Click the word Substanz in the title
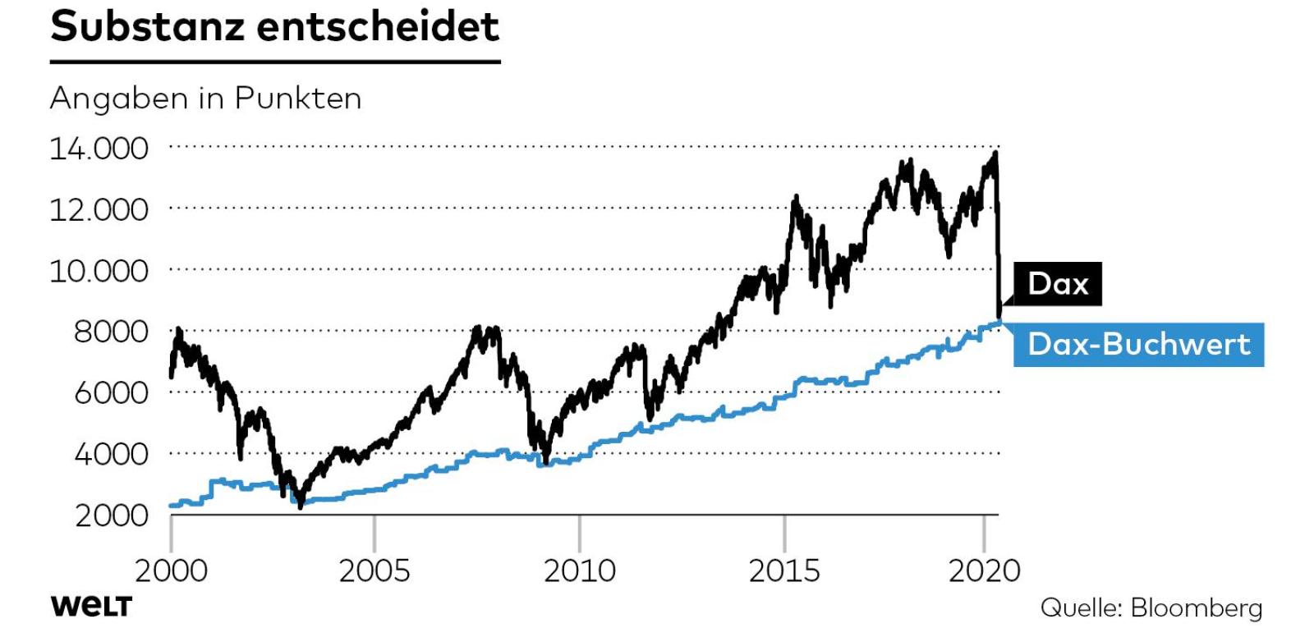[148, 26]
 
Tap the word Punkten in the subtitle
[297, 99]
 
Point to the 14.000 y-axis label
[99, 149]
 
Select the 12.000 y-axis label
[99, 209]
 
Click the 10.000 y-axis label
[99, 270]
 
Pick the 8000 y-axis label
[111, 332]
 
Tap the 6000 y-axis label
[111, 392]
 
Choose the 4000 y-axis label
[111, 453]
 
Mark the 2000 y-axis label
[111, 515]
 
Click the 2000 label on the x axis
[171, 570]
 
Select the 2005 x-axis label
[374, 570]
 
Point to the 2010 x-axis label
[580, 570]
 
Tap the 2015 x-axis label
[784, 570]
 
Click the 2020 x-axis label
[984, 570]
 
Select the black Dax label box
[1058, 284]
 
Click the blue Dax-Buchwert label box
[1138, 344]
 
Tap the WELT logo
[91, 607]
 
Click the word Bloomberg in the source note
[1196, 607]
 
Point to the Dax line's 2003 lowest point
[300, 505]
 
